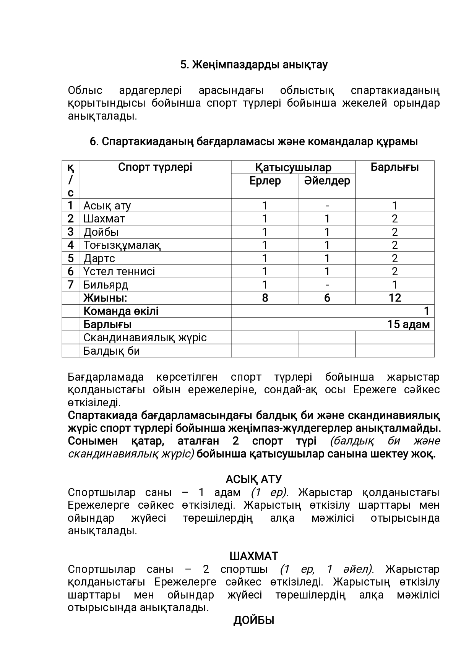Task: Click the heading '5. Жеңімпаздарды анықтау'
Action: point(254,65)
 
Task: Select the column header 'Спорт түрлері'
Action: point(155,167)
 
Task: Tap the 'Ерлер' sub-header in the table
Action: point(265,181)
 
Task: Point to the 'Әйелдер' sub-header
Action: point(327,181)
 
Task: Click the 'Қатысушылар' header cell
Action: point(293,167)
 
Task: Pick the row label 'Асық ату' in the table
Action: point(107,206)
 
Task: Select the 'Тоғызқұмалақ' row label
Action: point(122,245)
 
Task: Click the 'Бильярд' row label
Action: point(106,285)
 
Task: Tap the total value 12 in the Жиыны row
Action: point(394,298)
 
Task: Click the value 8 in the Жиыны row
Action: point(265,298)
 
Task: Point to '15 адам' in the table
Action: point(408,324)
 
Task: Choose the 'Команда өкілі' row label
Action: point(121,311)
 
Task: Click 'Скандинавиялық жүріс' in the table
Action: point(145,337)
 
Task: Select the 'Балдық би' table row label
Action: point(112,351)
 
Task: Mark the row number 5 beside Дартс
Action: point(70,258)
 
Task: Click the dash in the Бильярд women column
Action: point(327,285)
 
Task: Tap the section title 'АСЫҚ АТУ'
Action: point(253,479)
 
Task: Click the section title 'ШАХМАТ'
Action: point(253,556)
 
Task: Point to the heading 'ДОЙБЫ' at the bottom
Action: point(253,621)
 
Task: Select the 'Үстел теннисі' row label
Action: point(119,271)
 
